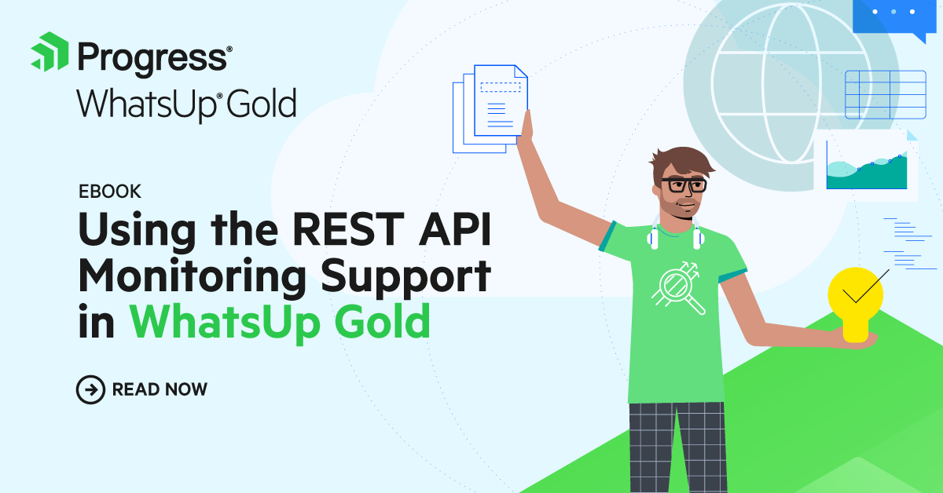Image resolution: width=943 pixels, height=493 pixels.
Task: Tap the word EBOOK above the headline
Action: (x=109, y=192)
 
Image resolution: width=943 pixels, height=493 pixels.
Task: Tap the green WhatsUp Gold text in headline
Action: (x=280, y=322)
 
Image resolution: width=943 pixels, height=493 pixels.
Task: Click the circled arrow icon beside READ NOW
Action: (x=90, y=389)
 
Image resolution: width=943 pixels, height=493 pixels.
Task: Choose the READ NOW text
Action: (x=160, y=389)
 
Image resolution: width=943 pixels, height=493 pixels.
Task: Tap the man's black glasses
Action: (x=683, y=185)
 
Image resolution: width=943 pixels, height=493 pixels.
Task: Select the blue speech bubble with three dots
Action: (x=895, y=17)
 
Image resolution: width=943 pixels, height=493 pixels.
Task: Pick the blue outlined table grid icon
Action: (x=885, y=94)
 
